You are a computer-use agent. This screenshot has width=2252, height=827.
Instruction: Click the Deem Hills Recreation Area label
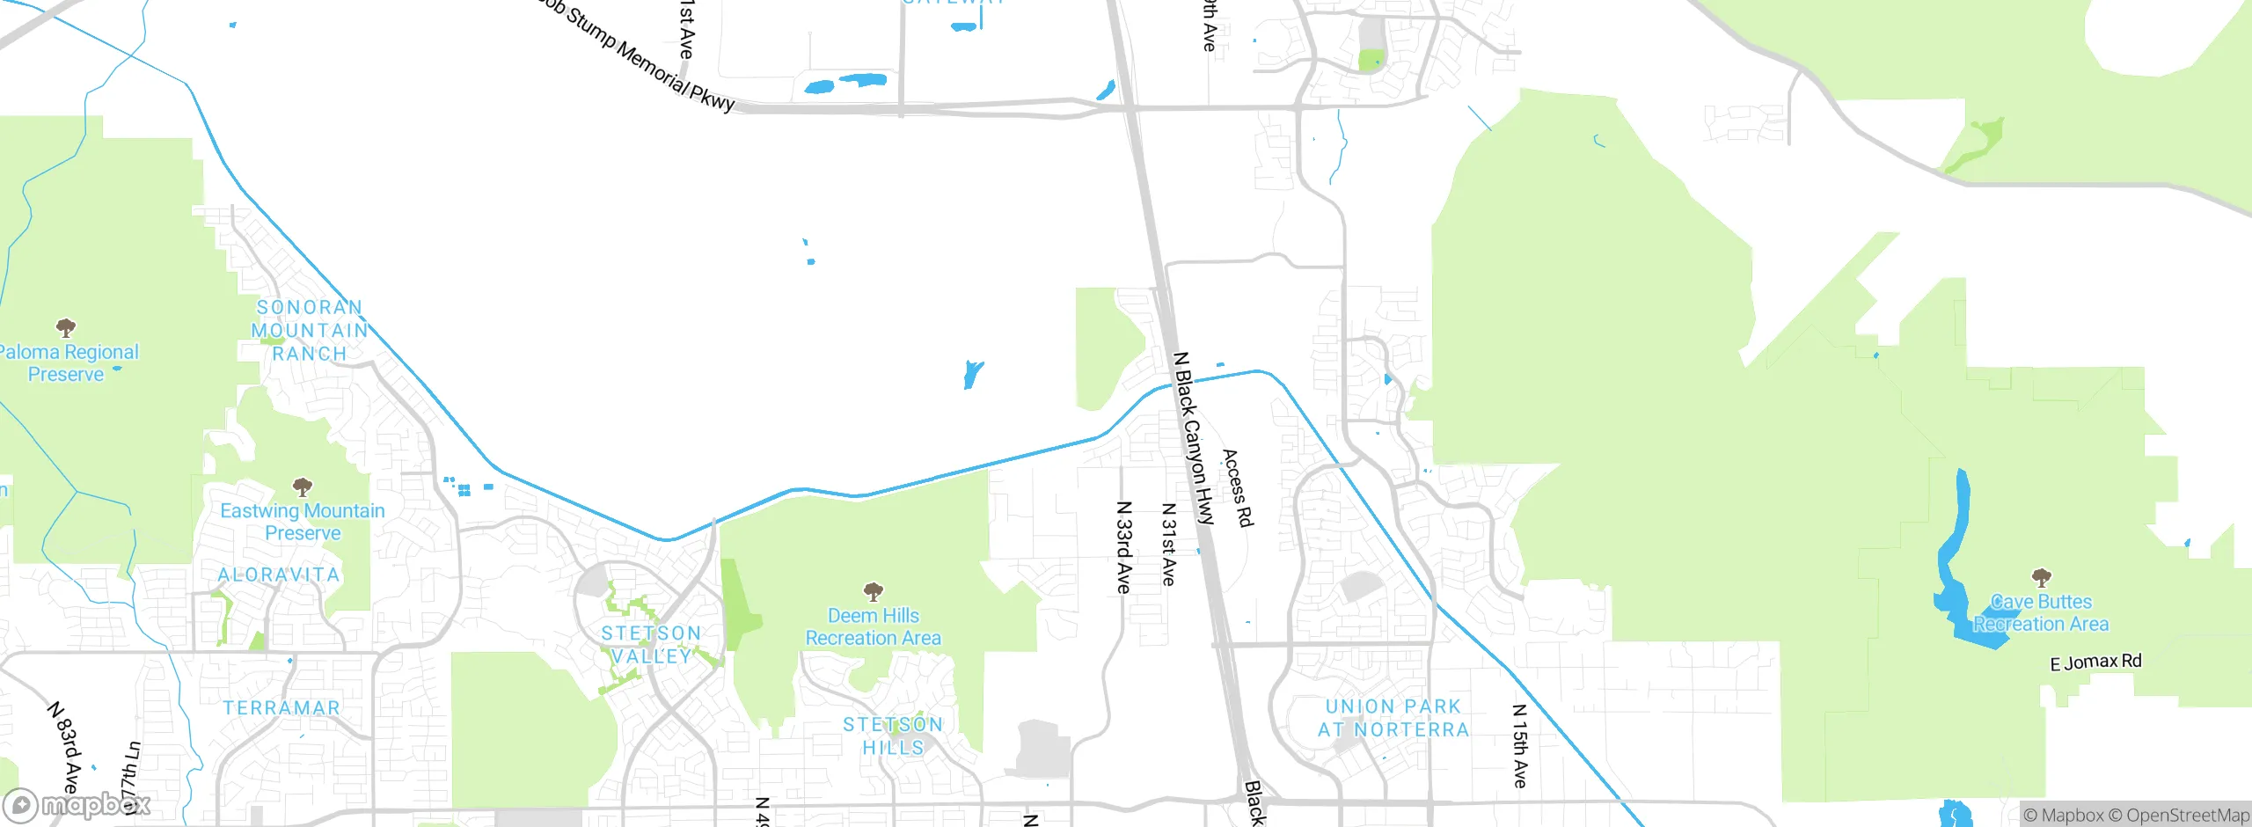tap(874, 626)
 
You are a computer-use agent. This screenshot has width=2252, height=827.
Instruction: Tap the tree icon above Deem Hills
tap(873, 590)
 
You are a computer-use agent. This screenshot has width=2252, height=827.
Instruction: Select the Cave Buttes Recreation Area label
tap(2041, 613)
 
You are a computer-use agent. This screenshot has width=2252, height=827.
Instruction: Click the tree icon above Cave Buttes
tap(2041, 577)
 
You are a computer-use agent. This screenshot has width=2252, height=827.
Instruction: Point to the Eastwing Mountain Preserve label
tap(303, 522)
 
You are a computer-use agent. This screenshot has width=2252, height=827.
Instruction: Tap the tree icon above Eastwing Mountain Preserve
tap(303, 487)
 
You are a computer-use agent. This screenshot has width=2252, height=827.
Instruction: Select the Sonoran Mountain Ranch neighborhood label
tap(309, 330)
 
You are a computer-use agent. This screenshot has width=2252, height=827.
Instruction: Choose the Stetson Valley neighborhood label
tap(651, 645)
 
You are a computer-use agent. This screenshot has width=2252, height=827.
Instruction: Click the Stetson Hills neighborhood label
tap(893, 736)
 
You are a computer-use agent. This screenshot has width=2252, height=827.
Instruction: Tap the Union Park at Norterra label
tap(1393, 718)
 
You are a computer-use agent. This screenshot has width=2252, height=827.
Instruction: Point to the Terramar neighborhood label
tap(281, 707)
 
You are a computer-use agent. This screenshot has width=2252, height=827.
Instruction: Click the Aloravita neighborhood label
tap(279, 575)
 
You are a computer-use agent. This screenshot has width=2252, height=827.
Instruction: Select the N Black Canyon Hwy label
tap(1194, 438)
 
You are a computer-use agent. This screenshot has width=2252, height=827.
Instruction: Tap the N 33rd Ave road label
tap(1123, 547)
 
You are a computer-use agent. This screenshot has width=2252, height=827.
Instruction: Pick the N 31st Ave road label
tap(1168, 544)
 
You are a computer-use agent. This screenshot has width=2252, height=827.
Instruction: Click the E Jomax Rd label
tap(2095, 662)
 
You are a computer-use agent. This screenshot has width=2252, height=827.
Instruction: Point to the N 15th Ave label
tap(1519, 745)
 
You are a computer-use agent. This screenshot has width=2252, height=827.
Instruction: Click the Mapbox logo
tap(77, 804)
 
